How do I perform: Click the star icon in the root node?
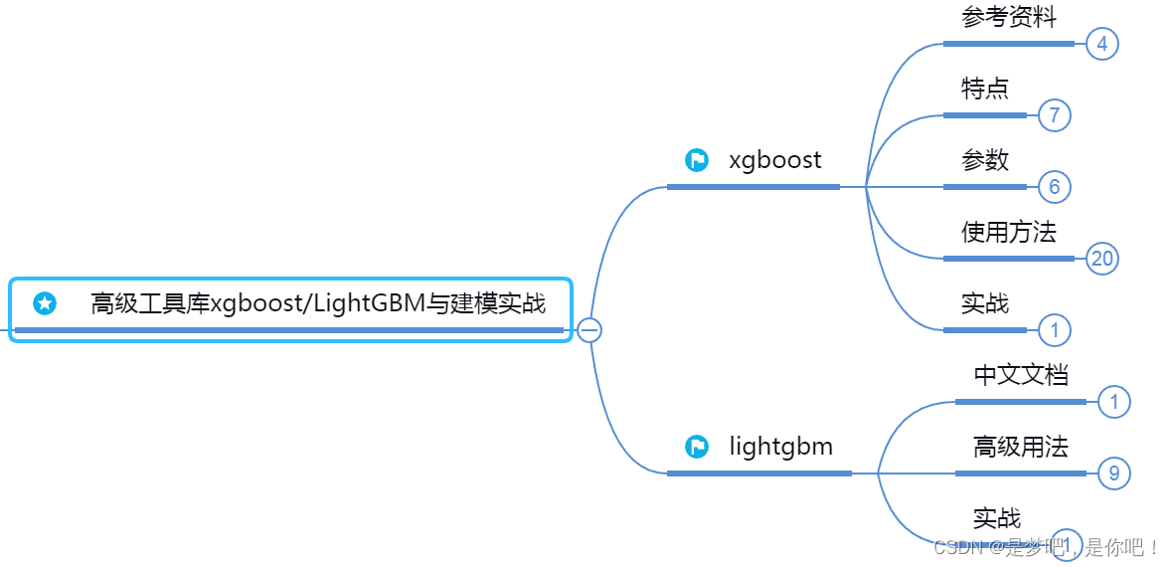click(x=45, y=303)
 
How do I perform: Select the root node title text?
click(x=318, y=303)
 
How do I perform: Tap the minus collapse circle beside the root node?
click(x=590, y=329)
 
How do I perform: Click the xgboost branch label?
click(x=775, y=160)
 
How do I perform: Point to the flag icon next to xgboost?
click(x=697, y=160)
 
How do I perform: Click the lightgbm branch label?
click(x=780, y=447)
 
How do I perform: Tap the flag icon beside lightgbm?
click(x=697, y=447)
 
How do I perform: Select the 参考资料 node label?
click(x=1009, y=17)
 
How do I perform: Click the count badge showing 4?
click(x=1102, y=44)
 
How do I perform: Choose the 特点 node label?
click(x=985, y=89)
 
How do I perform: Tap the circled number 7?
click(x=1055, y=115)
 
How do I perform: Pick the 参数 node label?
click(x=985, y=160)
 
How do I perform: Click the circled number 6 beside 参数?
click(x=1055, y=187)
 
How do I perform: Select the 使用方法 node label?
click(x=1009, y=233)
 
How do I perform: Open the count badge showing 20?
click(x=1102, y=259)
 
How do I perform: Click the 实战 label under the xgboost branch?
click(x=985, y=303)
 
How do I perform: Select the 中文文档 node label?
click(x=1021, y=375)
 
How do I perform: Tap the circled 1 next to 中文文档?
click(x=1114, y=402)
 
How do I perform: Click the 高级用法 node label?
click(x=1021, y=447)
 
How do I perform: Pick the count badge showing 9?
click(x=1114, y=473)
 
